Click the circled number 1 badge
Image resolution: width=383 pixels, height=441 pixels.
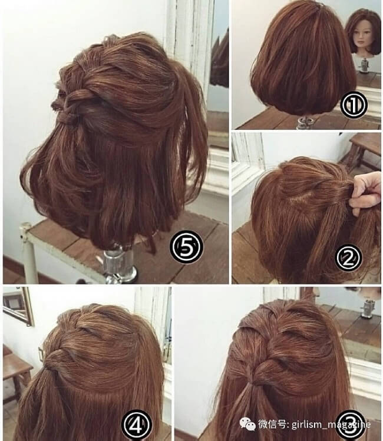tap(354, 105)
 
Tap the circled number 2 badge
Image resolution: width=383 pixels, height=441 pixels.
tap(348, 257)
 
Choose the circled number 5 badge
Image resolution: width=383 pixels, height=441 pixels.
tap(186, 246)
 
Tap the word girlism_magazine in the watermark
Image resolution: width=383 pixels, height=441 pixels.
tap(331, 424)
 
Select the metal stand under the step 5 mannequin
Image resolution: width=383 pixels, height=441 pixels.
tap(119, 265)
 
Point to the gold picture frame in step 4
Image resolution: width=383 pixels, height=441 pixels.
tap(19, 306)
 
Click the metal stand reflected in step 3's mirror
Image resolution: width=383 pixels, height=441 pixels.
tap(368, 309)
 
